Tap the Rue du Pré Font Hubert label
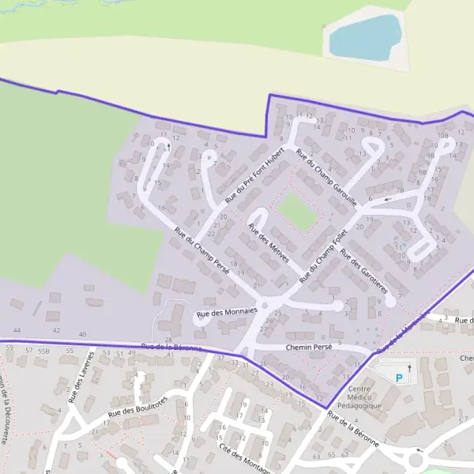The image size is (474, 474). (254, 175)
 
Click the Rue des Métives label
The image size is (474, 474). (269, 243)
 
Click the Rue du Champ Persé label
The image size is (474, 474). (201, 251)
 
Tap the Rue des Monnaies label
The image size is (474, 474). (227, 312)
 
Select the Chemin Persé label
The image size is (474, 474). (282, 348)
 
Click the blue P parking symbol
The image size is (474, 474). (399, 377)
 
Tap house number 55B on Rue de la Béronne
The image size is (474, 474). (43, 349)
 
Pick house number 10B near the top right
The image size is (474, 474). (442, 136)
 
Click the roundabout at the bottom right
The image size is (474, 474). (416, 458)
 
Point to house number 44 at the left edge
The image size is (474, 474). (17, 329)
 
